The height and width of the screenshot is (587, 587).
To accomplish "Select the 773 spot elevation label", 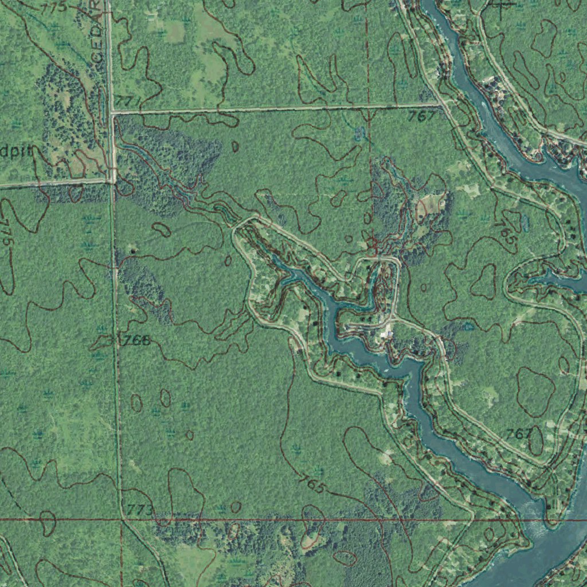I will [140, 509].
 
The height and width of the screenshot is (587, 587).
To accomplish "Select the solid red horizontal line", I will [287, 520].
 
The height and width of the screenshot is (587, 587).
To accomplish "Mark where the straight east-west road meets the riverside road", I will [441, 104].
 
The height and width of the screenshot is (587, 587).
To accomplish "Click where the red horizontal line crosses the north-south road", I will [122, 520].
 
